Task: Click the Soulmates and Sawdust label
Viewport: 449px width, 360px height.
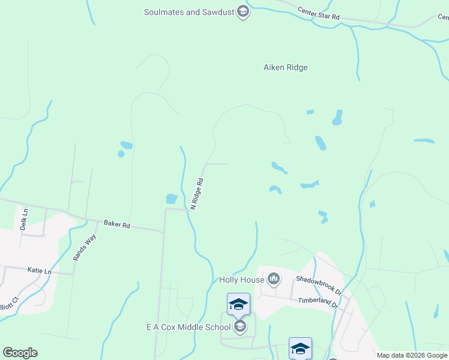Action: (189, 11)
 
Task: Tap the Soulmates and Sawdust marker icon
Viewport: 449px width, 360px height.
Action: (243, 11)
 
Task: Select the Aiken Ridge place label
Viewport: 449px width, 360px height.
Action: (286, 67)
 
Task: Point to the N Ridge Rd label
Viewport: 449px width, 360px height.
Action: (197, 194)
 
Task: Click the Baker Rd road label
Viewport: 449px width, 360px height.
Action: (117, 224)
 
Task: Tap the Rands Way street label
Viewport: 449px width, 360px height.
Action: (85, 247)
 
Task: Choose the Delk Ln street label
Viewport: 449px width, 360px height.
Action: (24, 220)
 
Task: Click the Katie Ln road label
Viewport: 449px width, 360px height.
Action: (40, 271)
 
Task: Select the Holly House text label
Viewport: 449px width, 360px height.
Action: (241, 280)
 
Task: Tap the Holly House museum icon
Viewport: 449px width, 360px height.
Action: (274, 278)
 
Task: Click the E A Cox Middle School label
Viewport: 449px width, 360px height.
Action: (188, 327)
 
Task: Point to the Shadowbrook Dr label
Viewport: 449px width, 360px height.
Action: (318, 284)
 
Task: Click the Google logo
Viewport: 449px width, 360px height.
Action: (20, 353)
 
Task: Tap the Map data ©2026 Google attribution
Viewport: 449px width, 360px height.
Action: (412, 355)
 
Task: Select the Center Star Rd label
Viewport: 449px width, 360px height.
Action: (319, 14)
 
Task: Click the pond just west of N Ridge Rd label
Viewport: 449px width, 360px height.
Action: (172, 199)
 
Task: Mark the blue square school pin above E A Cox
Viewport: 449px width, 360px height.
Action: (238, 304)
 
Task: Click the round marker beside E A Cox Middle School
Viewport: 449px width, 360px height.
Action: (240, 326)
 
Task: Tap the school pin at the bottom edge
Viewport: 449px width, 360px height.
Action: (300, 348)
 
